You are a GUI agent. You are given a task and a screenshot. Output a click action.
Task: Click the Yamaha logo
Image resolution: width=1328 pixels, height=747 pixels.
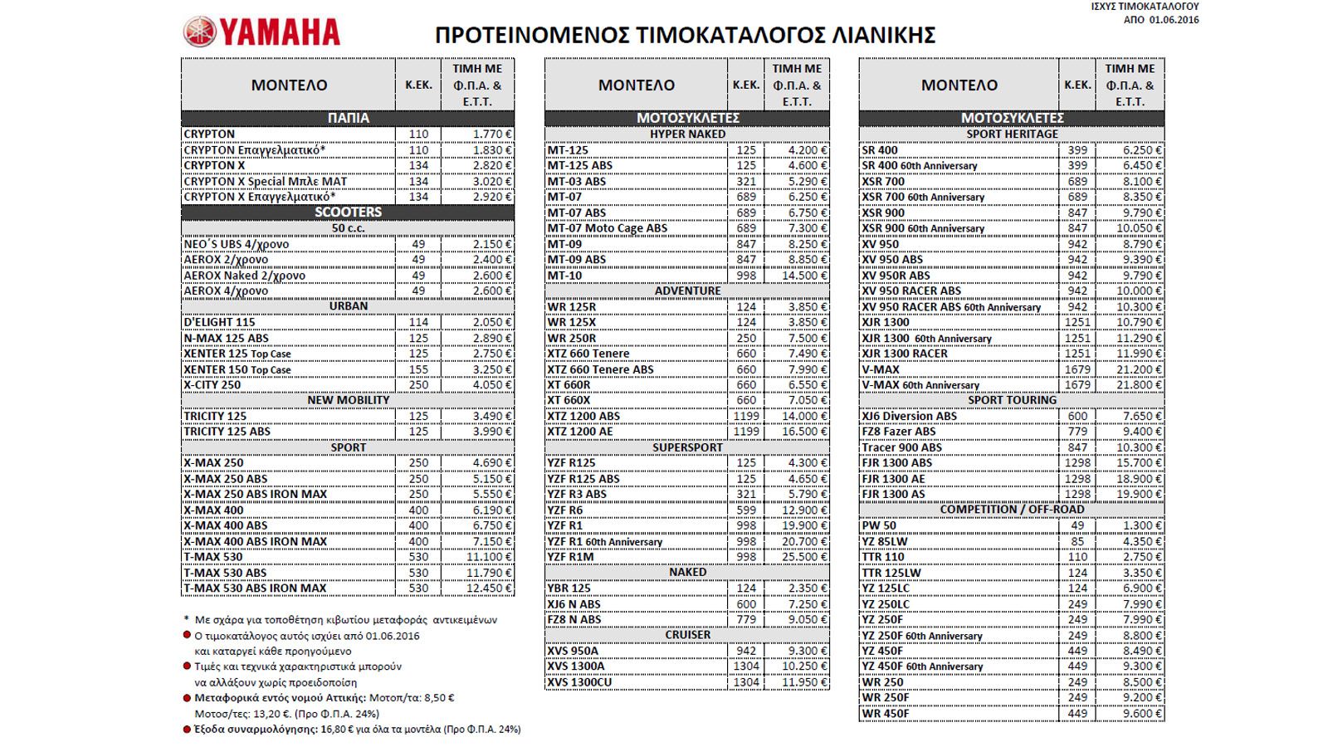[261, 32]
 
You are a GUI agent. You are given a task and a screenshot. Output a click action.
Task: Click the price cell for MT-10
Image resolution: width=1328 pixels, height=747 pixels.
[796, 276]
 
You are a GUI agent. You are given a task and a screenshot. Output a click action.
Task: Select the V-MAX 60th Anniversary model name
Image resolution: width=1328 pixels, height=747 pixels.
[920, 385]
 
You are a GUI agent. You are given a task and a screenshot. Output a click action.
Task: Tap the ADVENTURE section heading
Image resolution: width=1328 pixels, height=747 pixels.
[687, 290]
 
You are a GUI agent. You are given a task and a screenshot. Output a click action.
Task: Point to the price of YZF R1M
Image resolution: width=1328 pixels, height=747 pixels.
[796, 557]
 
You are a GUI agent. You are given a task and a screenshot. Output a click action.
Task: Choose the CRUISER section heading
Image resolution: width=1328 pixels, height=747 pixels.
[687, 635]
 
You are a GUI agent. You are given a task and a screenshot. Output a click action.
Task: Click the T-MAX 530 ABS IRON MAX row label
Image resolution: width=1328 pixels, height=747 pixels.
[255, 588]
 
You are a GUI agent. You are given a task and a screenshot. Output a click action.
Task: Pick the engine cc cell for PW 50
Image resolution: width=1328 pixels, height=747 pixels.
[1077, 525]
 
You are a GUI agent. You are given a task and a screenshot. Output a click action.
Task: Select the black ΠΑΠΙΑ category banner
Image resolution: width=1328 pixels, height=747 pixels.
[348, 118]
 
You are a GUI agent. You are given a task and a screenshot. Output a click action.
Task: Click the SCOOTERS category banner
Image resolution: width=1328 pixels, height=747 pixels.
[348, 212]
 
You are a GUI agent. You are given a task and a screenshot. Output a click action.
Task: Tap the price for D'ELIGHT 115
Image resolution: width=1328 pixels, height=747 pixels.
[478, 322]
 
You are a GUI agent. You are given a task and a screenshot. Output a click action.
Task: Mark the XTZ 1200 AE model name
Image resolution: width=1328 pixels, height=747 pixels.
[579, 432]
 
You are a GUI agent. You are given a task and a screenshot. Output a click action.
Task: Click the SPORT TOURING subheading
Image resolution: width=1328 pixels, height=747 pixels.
[1012, 400]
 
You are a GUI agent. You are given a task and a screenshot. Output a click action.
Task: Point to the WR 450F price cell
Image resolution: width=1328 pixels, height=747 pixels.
[1130, 714]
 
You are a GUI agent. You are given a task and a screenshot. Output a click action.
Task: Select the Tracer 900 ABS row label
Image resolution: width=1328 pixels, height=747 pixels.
[901, 447]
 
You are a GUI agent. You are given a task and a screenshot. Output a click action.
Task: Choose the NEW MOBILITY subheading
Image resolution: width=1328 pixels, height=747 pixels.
[348, 400]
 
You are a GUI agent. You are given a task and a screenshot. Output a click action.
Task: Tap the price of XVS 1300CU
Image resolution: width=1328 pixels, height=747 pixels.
[796, 682]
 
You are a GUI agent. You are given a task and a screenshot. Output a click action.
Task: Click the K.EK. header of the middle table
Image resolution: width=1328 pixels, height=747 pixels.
[745, 85]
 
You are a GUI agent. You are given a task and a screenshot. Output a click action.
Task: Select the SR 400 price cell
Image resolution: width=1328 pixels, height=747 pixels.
[1130, 150]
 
